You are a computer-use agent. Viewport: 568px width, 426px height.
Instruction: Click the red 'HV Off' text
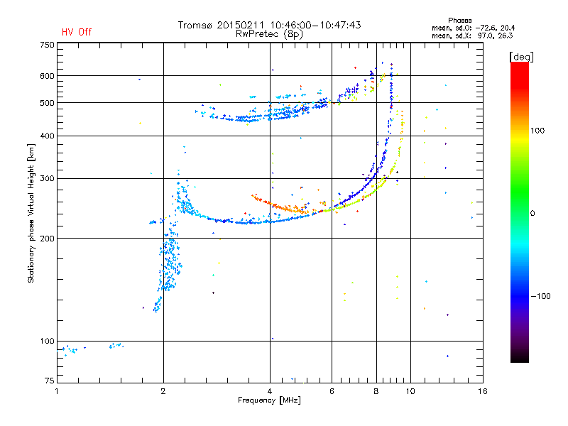click(x=77, y=32)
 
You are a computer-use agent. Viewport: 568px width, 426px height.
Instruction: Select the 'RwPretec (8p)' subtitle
click(x=269, y=34)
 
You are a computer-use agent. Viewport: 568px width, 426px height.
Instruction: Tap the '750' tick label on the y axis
click(x=47, y=45)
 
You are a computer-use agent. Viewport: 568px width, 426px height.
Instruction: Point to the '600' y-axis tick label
click(x=47, y=76)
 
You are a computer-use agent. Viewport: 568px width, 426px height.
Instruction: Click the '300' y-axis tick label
click(x=47, y=179)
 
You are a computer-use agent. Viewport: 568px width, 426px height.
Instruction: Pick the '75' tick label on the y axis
click(x=50, y=381)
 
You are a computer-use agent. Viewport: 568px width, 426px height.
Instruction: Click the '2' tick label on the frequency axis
click(x=163, y=391)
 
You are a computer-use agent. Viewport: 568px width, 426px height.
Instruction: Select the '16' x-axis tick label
click(x=483, y=391)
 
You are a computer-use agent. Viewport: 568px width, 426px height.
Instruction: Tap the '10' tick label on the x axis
click(x=410, y=391)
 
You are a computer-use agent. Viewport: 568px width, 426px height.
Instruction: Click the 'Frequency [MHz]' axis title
click(x=269, y=400)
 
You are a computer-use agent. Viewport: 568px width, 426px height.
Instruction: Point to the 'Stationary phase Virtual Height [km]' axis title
click(x=31, y=213)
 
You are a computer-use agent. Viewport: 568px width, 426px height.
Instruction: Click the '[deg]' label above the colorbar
click(x=521, y=58)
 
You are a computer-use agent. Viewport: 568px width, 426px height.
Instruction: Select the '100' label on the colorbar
click(x=537, y=131)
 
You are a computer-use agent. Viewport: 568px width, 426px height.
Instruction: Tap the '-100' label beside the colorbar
click(x=540, y=296)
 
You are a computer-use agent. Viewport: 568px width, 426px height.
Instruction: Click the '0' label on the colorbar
click(x=532, y=214)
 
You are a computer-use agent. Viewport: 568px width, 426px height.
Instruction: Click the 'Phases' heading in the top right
click(x=459, y=21)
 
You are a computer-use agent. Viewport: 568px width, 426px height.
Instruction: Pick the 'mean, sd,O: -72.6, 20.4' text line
click(x=473, y=28)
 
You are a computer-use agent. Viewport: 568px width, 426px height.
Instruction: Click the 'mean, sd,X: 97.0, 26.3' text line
click(x=472, y=36)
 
